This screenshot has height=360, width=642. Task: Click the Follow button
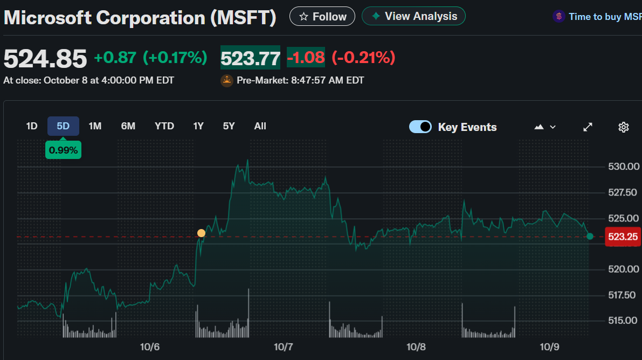point(322,17)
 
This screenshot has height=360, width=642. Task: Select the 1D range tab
point(32,126)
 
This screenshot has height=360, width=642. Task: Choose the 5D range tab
point(63,126)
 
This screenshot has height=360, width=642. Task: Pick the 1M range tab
point(95,126)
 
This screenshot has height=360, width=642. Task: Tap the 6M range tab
point(128,126)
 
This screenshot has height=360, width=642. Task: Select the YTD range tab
point(164,126)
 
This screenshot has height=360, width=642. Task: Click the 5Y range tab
point(229,126)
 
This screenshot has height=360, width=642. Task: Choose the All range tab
point(260,126)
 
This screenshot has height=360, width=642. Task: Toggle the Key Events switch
point(420,127)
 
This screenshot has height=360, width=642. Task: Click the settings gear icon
point(624,127)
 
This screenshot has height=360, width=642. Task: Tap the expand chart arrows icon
point(588,127)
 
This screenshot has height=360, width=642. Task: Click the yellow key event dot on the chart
point(201,233)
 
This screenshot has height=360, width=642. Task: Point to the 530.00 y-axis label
point(623,167)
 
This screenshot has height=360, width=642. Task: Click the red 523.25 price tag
point(622,237)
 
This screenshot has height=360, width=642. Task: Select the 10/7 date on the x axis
point(283,347)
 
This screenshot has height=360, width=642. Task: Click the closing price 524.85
point(45,58)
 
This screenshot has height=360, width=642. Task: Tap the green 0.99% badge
point(63,150)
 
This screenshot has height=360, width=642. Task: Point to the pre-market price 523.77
point(250,58)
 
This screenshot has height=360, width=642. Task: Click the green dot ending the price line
point(590,236)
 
